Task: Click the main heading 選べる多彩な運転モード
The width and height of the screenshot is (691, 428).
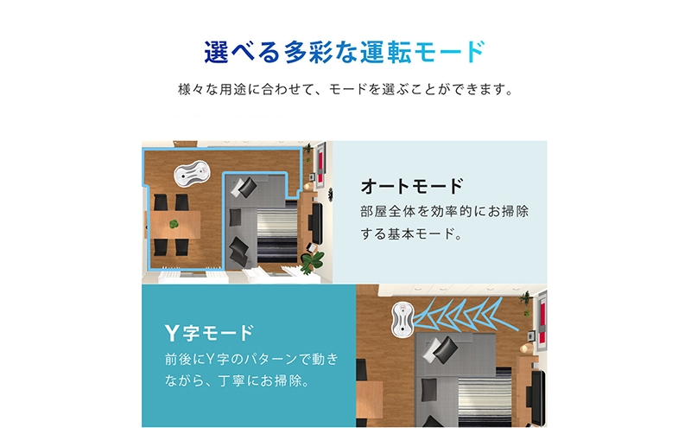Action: [345, 52]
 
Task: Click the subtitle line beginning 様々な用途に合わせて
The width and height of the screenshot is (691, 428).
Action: [346, 90]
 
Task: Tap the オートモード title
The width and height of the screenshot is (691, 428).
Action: [412, 186]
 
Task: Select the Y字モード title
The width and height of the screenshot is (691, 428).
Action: [209, 333]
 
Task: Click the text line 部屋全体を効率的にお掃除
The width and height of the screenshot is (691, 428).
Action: [444, 211]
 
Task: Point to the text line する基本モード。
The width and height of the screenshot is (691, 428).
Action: [412, 233]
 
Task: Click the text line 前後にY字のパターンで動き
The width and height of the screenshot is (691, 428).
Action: [251, 359]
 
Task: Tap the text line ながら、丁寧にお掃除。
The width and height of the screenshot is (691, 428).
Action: [238, 380]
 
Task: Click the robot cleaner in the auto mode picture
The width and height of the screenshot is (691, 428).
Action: [192, 174]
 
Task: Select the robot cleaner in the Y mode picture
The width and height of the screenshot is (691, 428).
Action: [402, 320]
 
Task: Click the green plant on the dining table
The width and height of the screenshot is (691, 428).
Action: [174, 224]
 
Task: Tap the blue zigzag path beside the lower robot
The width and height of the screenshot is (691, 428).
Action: [465, 315]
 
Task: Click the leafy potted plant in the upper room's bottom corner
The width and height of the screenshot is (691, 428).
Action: [312, 262]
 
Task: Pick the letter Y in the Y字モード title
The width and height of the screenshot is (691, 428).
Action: [171, 333]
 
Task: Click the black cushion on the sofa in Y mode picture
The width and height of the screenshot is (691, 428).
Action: [446, 349]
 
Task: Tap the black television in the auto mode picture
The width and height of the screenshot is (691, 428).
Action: [317, 223]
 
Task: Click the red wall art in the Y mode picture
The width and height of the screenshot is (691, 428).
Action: [542, 318]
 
